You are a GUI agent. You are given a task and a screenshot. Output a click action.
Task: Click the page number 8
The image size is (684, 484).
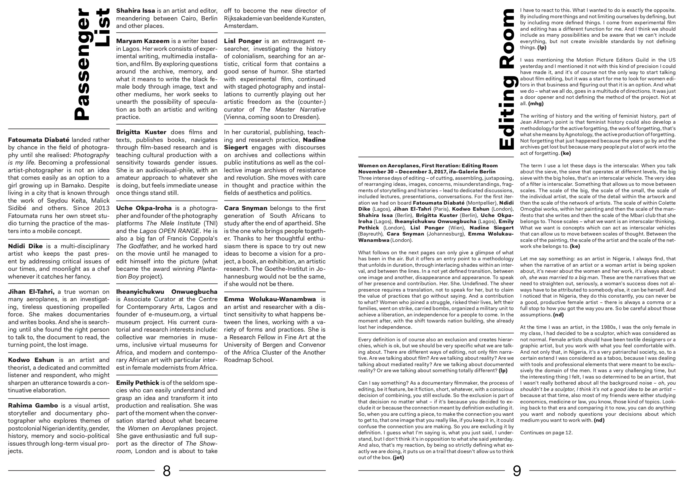[x=167, y=471]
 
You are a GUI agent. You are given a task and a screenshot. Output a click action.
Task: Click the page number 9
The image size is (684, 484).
[x=517, y=471]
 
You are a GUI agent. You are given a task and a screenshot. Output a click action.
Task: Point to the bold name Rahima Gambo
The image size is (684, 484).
[x=33, y=405]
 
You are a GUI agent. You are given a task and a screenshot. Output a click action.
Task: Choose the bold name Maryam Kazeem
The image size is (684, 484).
[x=142, y=41]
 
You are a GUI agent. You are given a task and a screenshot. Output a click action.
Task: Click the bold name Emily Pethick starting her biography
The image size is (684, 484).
[x=137, y=383]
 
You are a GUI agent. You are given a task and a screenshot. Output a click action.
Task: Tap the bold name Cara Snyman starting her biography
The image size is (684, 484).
[x=245, y=208]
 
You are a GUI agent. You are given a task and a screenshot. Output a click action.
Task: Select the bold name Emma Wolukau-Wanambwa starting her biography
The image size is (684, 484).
[x=270, y=299]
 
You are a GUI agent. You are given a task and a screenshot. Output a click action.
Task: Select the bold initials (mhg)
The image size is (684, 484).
[x=536, y=104]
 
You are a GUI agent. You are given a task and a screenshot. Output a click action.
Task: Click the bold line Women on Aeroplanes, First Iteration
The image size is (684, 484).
[x=428, y=165]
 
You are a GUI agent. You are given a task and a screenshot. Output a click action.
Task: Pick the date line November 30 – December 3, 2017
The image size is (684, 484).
[x=427, y=171]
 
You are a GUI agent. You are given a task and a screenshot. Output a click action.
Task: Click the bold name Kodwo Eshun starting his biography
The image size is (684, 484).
[x=31, y=360]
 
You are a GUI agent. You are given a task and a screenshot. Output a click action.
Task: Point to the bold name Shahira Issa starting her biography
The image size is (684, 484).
[x=135, y=10]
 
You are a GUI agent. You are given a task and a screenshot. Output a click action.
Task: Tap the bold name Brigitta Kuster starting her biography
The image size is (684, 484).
[x=141, y=132]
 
